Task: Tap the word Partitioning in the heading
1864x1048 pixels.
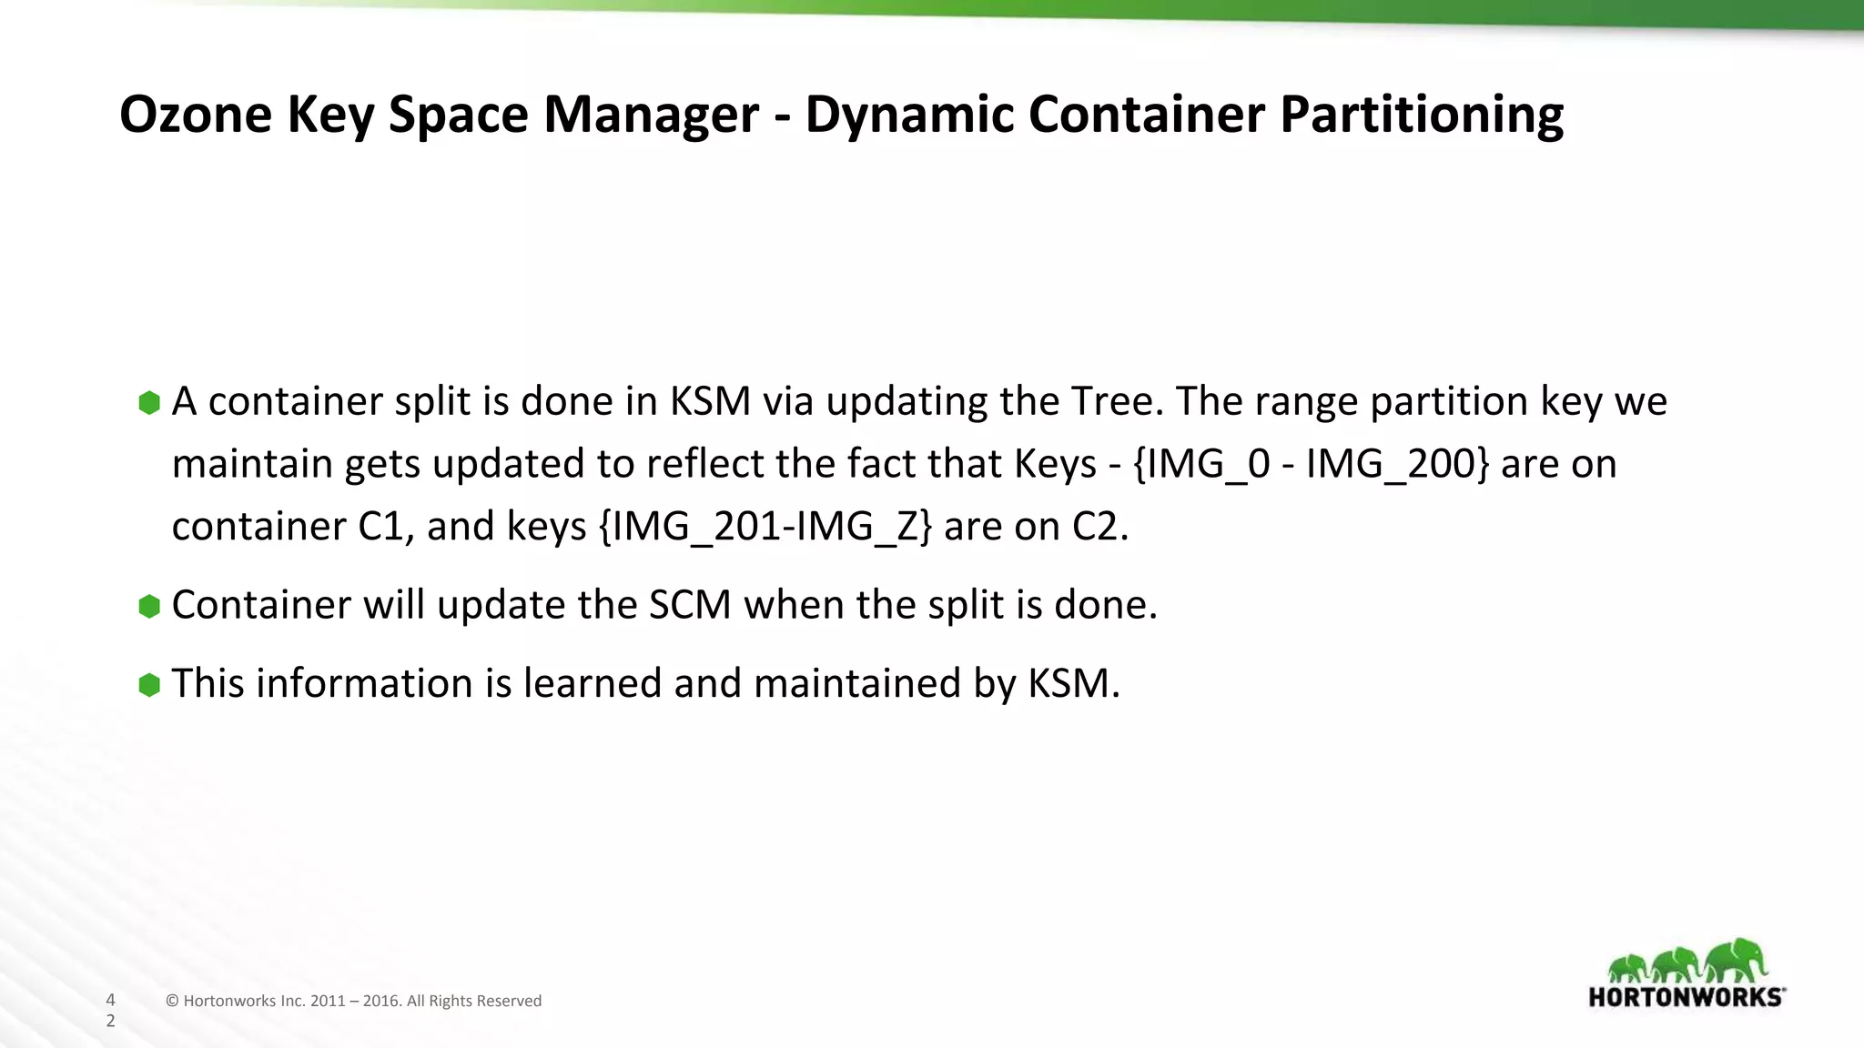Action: (1422, 116)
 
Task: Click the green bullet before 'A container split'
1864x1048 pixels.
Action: (149, 402)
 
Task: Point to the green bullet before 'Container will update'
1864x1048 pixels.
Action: (149, 606)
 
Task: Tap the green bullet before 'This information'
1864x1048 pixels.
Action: (149, 684)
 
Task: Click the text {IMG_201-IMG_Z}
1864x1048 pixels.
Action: (765, 527)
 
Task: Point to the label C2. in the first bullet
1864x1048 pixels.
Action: (1099, 527)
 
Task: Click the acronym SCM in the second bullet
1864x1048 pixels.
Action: (690, 605)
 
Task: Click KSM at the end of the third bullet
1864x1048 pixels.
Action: (1074, 683)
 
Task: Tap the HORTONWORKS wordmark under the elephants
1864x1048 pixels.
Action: (1686, 997)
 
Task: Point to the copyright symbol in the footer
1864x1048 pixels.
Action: (172, 1002)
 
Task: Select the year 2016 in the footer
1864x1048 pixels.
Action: (381, 1002)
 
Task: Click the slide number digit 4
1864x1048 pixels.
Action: (111, 1000)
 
